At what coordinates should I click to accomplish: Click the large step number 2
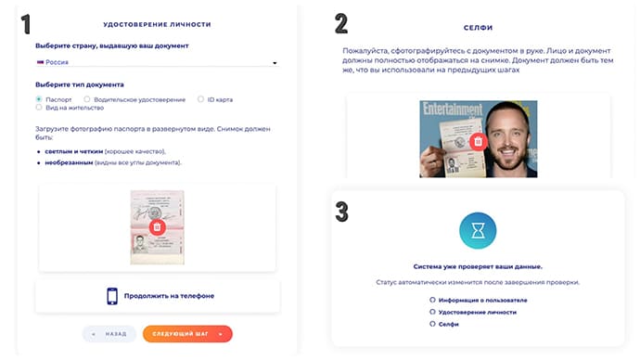click(x=341, y=24)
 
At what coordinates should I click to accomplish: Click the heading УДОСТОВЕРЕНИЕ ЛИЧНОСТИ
click(x=157, y=23)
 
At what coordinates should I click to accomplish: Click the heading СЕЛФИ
click(x=478, y=29)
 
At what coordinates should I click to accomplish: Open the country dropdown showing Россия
click(x=157, y=63)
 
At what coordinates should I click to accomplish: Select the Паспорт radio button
click(x=39, y=98)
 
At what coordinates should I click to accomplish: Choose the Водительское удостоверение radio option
click(x=87, y=98)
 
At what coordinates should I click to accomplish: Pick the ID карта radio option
click(x=200, y=98)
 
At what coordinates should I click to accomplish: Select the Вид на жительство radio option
click(x=39, y=108)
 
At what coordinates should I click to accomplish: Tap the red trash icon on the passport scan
click(x=158, y=226)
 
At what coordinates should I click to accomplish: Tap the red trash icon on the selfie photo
click(x=478, y=141)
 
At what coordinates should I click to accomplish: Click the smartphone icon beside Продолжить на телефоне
click(x=112, y=296)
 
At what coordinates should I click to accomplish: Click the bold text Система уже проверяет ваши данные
click(x=477, y=266)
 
